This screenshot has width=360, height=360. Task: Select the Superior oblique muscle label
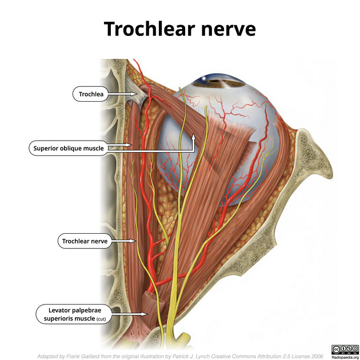69,148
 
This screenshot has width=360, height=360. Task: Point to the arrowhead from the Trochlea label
131,94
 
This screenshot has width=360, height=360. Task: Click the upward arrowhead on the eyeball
194,136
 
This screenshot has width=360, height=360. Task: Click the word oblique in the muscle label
70,148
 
